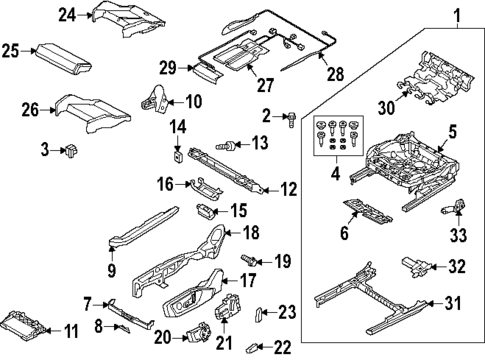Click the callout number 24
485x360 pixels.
click(67, 14)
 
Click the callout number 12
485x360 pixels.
click(289, 189)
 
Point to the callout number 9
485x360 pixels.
click(111, 270)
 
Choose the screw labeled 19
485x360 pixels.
click(256, 262)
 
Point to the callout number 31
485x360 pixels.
click(453, 304)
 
